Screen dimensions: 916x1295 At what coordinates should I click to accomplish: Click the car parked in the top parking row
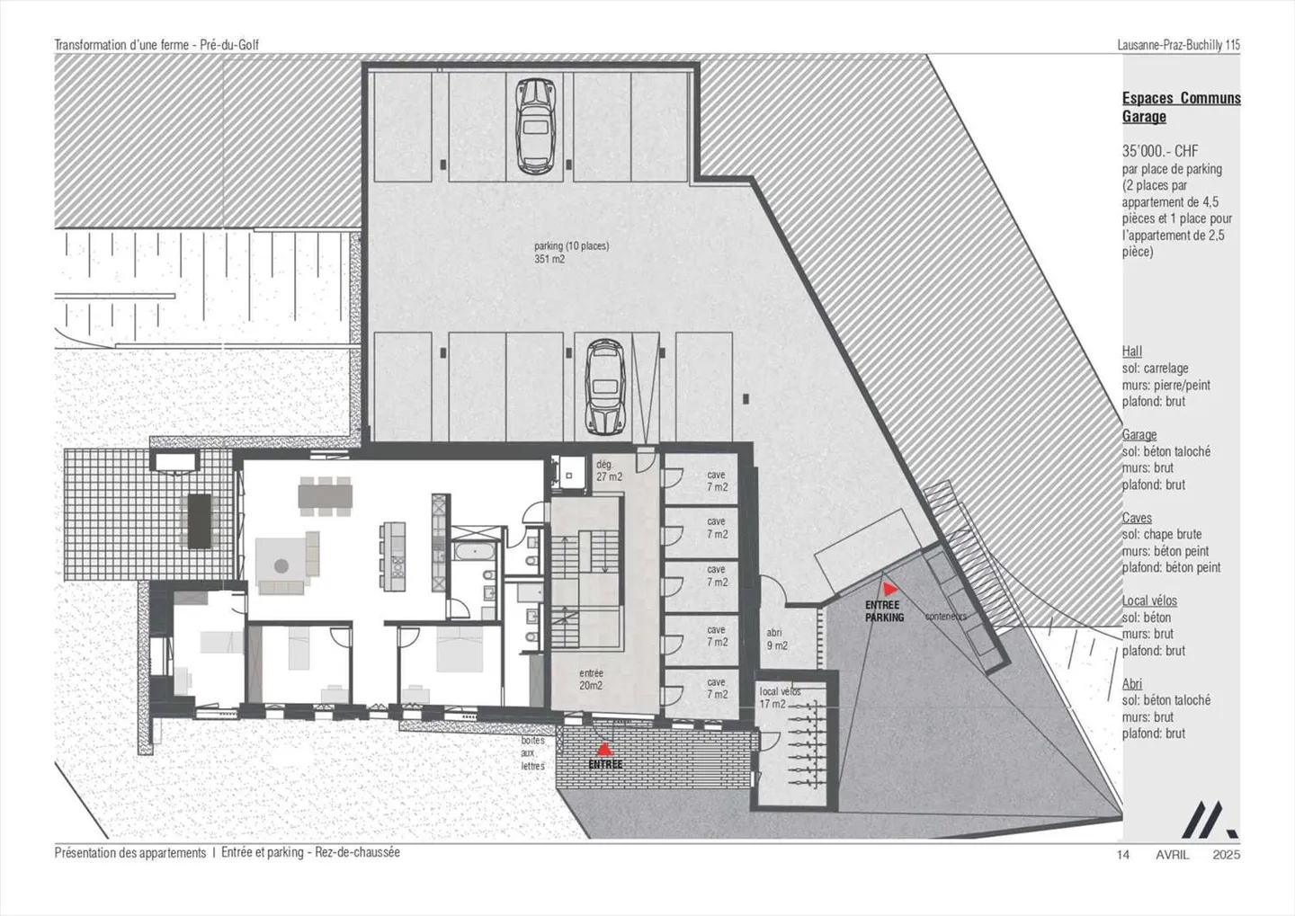[x=534, y=125]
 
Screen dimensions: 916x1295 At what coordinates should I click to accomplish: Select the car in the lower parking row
[x=604, y=387]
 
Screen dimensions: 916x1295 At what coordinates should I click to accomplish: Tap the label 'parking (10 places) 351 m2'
[x=570, y=252]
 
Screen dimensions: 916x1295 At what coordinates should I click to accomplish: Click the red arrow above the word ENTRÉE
[x=605, y=748]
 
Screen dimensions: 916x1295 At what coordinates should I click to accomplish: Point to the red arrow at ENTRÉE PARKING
[x=889, y=590]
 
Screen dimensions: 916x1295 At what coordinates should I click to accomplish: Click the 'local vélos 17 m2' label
[x=779, y=698]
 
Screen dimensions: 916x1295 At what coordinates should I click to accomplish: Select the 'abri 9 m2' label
[x=776, y=639]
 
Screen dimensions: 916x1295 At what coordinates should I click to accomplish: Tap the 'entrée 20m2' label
[x=591, y=679]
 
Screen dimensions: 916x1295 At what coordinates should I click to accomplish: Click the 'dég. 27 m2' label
[x=609, y=470]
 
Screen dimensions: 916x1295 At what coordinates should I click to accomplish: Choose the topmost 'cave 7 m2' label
[x=717, y=481]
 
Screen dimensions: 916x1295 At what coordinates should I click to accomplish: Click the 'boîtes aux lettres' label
[x=533, y=753]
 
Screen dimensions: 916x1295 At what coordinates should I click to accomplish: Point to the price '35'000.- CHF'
[x=1159, y=151]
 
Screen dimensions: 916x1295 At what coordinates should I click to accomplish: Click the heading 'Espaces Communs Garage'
[x=1180, y=107]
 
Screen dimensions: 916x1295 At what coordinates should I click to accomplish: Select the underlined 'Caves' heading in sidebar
[x=1136, y=518]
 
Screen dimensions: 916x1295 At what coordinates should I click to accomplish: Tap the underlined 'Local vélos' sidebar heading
[x=1148, y=600]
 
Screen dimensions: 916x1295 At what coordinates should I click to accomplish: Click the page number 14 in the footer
[x=1123, y=855]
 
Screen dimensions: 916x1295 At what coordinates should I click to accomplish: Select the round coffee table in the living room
[x=281, y=566]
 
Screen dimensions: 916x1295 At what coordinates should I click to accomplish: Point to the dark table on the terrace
[x=199, y=520]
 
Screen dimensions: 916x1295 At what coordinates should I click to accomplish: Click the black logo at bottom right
[x=1208, y=820]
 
